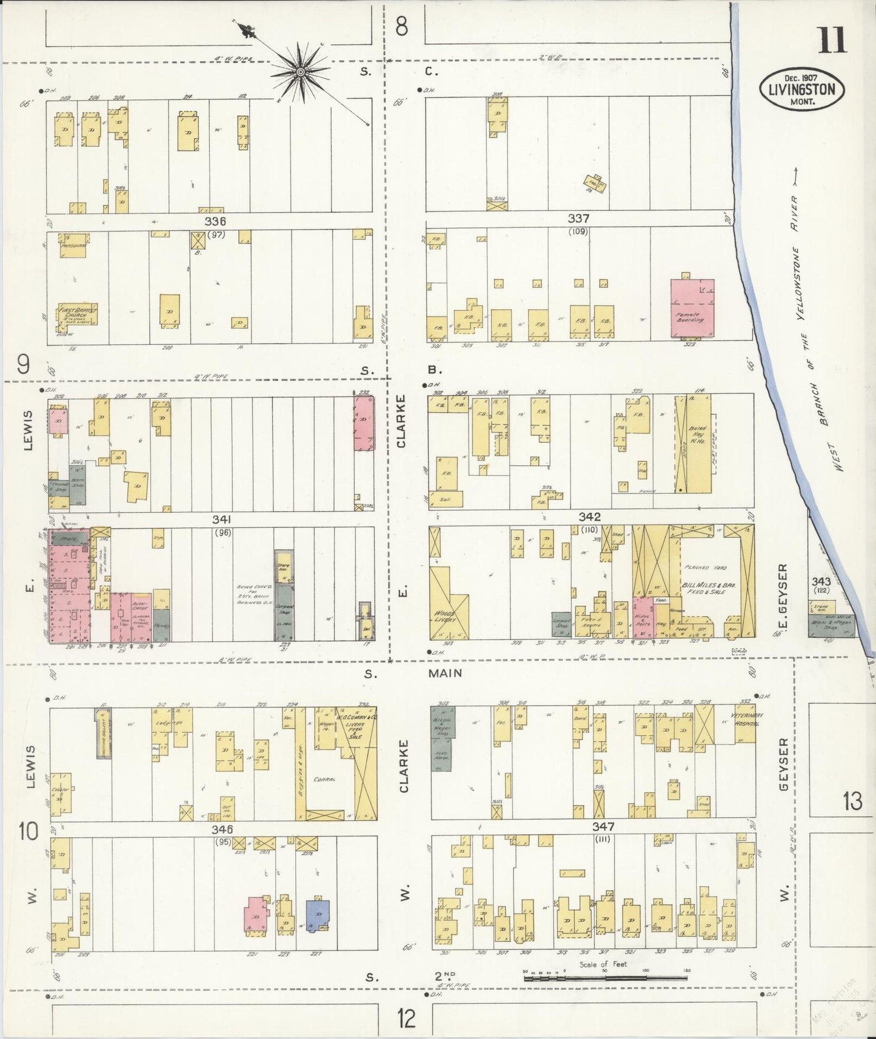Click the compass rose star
pyautogui.click(x=300, y=73)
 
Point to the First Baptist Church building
pyautogui.click(x=77, y=316)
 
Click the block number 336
pyautogui.click(x=215, y=222)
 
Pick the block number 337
pyautogui.click(x=578, y=218)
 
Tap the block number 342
pyautogui.click(x=589, y=516)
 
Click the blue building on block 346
pyautogui.click(x=318, y=914)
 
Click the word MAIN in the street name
pyautogui.click(x=445, y=673)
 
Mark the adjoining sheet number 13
pyautogui.click(x=852, y=801)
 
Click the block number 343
pyautogui.click(x=821, y=581)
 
